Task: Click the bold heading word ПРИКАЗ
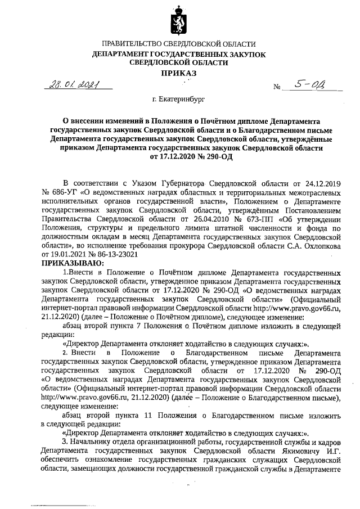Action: point(179,74)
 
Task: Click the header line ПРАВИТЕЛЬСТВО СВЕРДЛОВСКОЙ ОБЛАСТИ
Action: point(179,44)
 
